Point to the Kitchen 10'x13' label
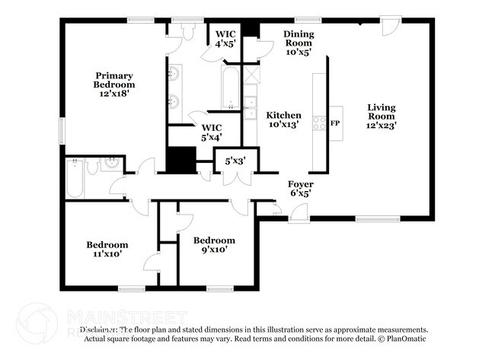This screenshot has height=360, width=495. click(x=283, y=120)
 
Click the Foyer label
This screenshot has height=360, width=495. click(x=299, y=189)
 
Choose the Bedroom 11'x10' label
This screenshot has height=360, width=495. click(x=107, y=250)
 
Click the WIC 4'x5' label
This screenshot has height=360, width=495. click(x=225, y=40)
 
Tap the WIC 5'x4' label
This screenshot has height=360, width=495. click(x=211, y=132)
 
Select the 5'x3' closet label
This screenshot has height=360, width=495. click(x=235, y=161)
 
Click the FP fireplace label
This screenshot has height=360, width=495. click(x=334, y=123)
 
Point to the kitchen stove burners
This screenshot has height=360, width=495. click(x=319, y=123)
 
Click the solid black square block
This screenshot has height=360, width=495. click(x=182, y=161)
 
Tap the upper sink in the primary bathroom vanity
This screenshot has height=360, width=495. click(x=175, y=74)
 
